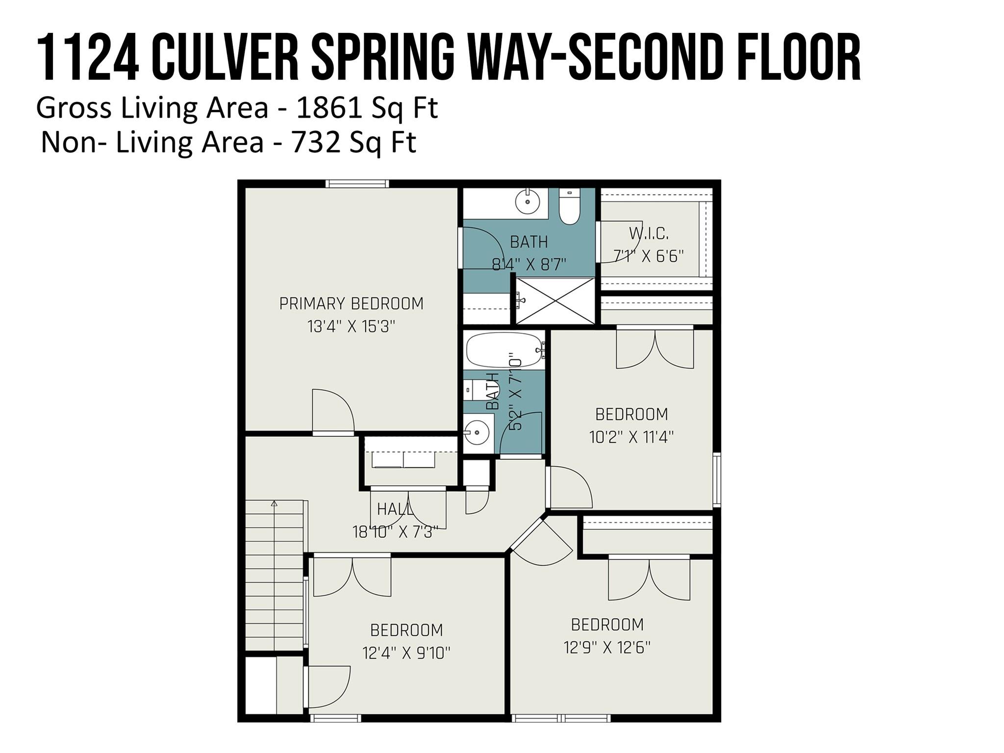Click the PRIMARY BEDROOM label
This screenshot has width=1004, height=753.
click(x=351, y=304)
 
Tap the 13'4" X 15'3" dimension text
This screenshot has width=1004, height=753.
click(x=351, y=326)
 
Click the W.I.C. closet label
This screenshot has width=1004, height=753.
click(x=649, y=234)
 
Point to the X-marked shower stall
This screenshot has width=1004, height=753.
click(x=555, y=301)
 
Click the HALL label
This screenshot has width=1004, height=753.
click(x=395, y=509)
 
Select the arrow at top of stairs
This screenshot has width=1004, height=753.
click(x=274, y=503)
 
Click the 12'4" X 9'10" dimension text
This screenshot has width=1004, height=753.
click(x=406, y=653)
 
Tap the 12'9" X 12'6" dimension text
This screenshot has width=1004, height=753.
click(x=607, y=648)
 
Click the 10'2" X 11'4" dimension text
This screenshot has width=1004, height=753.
click(x=631, y=437)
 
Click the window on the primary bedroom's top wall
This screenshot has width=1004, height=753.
click(x=357, y=184)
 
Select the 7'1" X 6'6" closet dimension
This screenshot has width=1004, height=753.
click(x=649, y=256)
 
